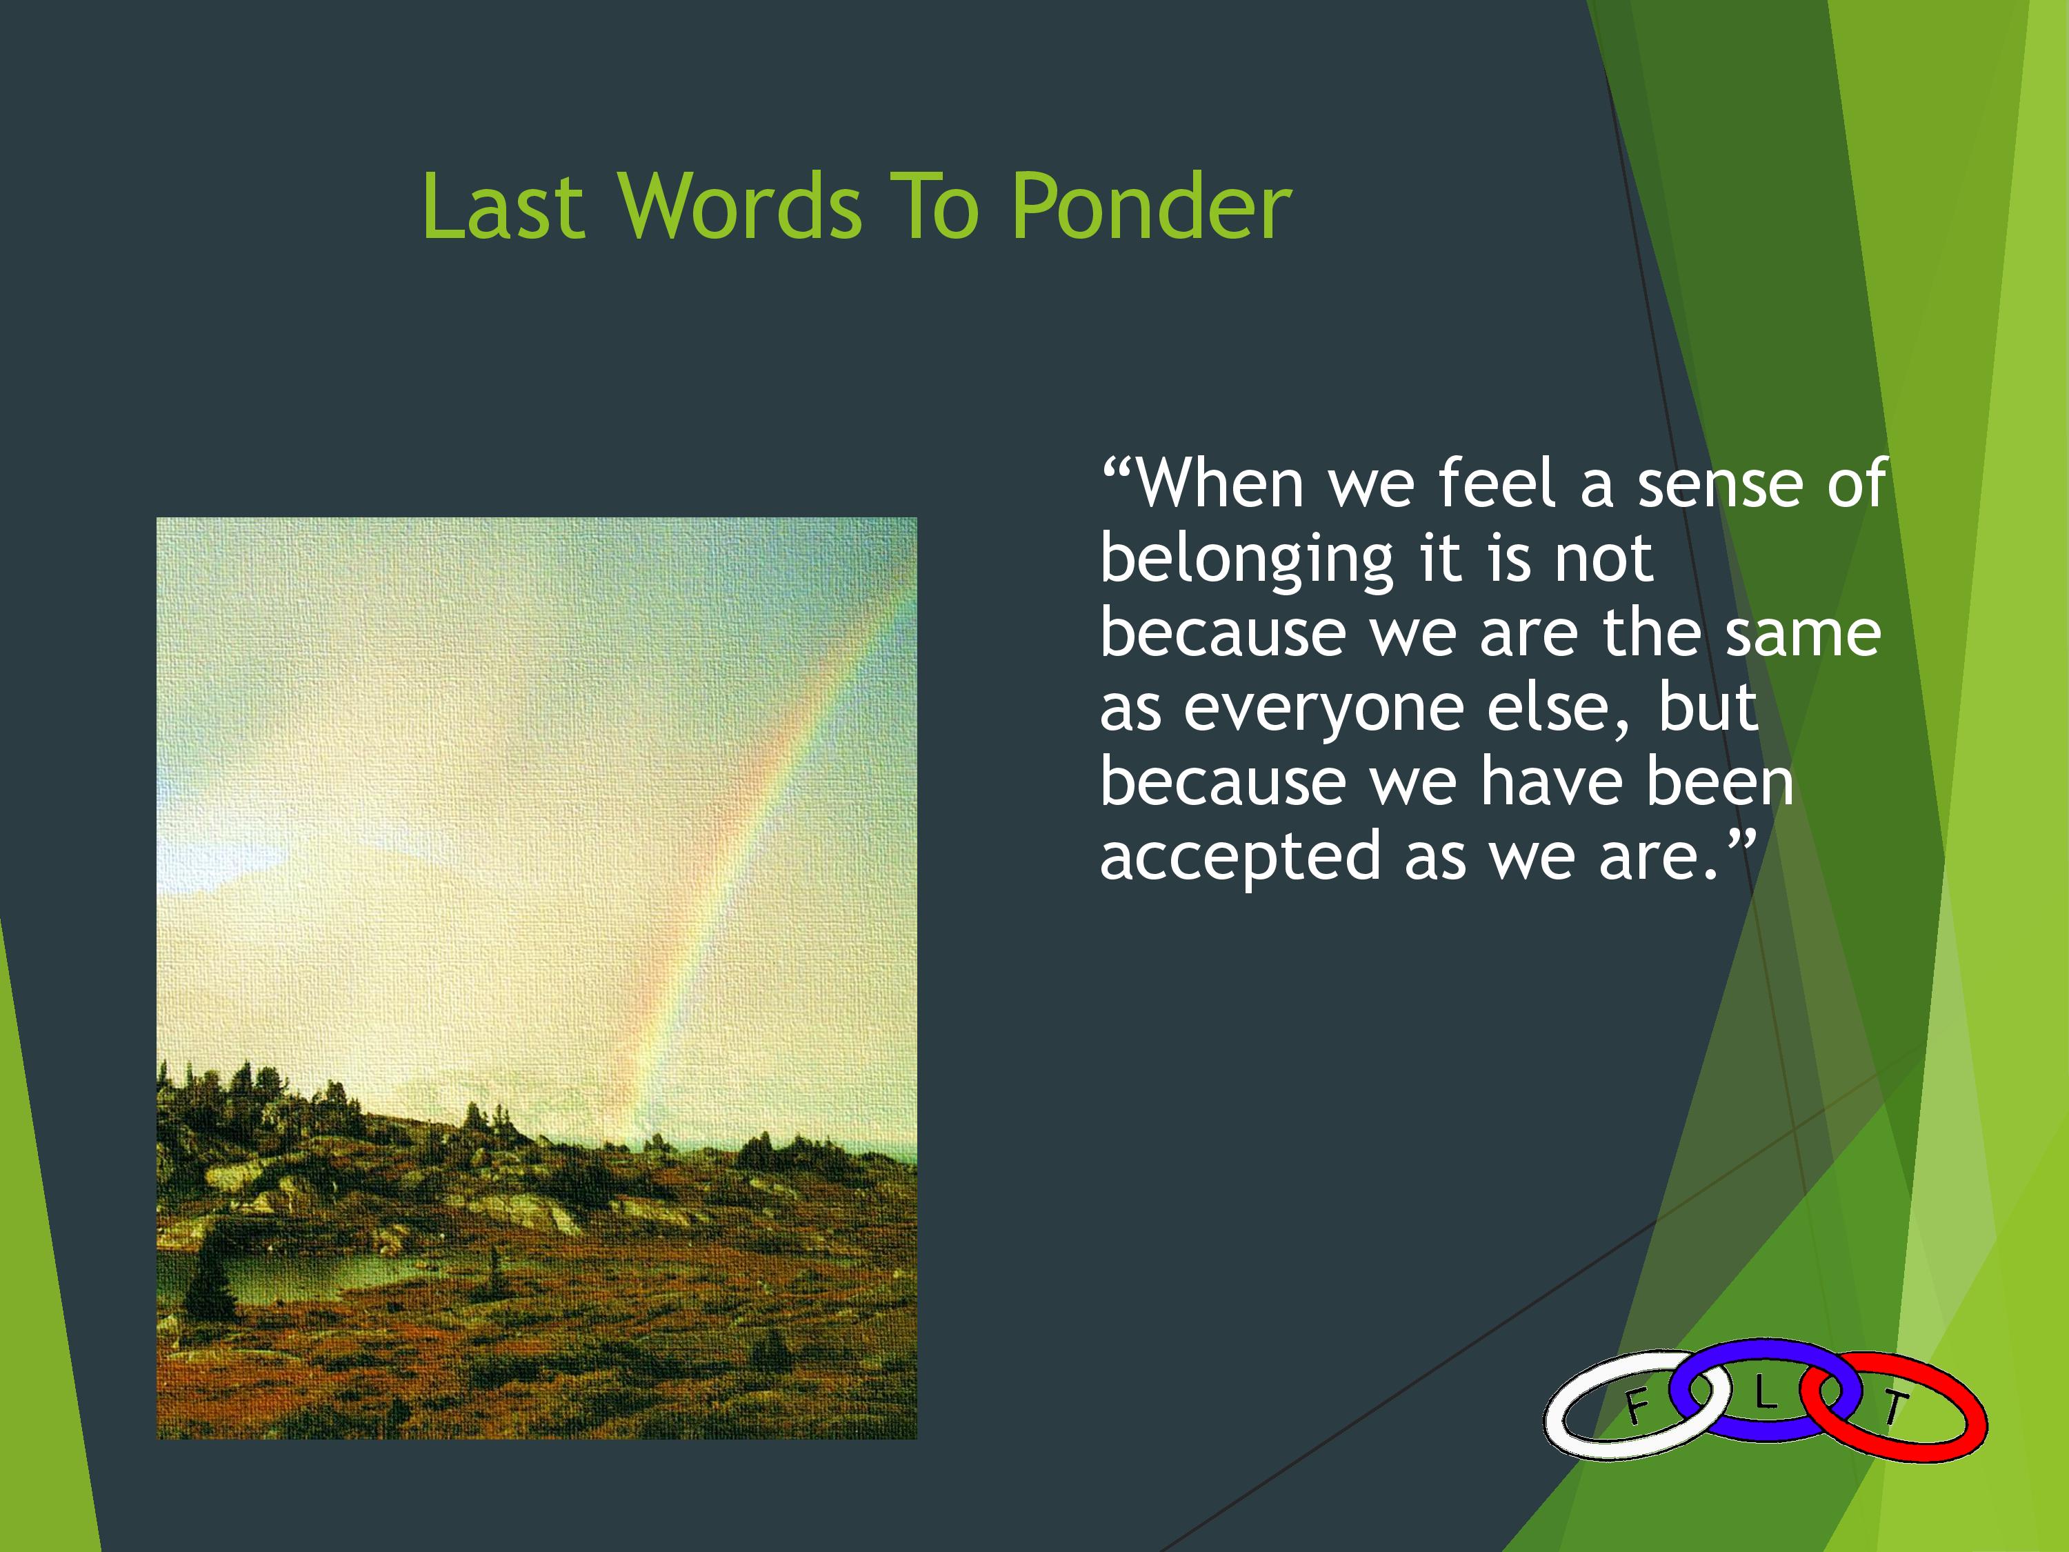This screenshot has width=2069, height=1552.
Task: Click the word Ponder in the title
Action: pyautogui.click(x=1152, y=207)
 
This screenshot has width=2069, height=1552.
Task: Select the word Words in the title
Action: pyautogui.click(x=739, y=207)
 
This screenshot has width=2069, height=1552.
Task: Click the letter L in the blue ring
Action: pyautogui.click(x=1764, y=1395)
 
